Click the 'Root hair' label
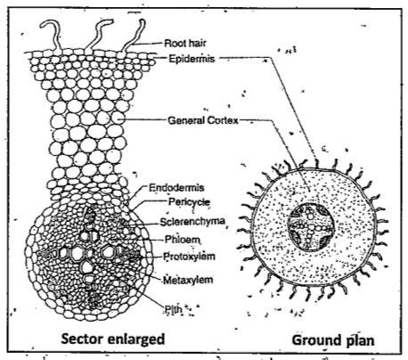(185, 44)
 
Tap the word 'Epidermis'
(192, 59)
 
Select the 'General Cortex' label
(203, 120)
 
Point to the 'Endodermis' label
(176, 188)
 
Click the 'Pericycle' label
(189, 202)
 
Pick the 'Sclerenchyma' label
(192, 222)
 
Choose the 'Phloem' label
(182, 240)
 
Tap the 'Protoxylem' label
(189, 257)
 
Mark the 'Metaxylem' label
(188, 280)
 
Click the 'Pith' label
(174, 310)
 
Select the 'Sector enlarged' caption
(113, 340)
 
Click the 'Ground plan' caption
(333, 340)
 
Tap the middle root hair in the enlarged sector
(98, 35)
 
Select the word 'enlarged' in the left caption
(135, 340)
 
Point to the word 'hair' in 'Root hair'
(196, 44)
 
